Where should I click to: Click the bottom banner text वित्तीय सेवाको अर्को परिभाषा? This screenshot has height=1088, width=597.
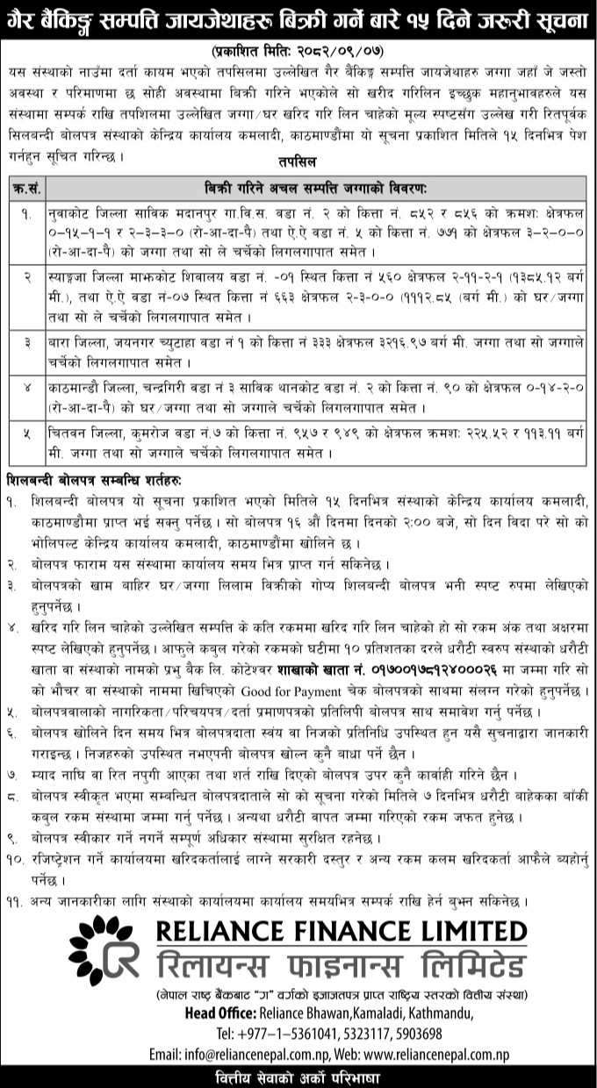pos(298,1077)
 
